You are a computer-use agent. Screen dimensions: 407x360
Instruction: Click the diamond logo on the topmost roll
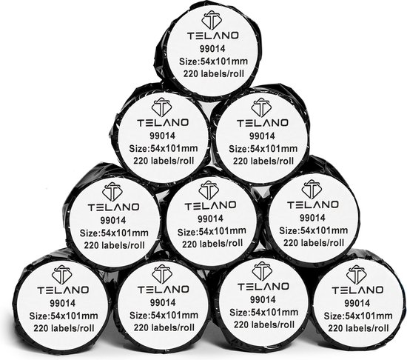[212, 20]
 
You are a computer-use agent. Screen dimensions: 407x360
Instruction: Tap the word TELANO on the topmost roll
[213, 36]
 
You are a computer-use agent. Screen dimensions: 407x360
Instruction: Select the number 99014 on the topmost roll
[212, 49]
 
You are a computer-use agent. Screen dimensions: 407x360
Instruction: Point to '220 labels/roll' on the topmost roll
[214, 74]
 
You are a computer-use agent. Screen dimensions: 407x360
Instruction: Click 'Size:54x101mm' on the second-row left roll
[164, 149]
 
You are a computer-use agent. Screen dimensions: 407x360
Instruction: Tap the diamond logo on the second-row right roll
[261, 107]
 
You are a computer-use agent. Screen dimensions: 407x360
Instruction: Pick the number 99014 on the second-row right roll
[262, 136]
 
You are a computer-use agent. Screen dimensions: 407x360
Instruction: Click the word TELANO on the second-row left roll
[163, 122]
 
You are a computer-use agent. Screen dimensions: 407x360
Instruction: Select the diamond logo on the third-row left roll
[112, 192]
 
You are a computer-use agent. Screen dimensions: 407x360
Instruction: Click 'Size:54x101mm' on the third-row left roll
[114, 233]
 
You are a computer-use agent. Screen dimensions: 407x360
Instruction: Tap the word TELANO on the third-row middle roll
[210, 205]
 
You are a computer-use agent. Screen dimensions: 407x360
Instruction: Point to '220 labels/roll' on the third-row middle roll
[212, 244]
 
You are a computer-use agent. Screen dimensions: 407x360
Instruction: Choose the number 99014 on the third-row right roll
[312, 218]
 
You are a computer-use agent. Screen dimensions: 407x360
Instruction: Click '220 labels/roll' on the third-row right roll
[314, 243]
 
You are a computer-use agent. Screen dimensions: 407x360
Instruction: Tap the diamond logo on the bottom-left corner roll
[61, 275]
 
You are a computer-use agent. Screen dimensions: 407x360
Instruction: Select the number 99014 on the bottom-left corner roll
[62, 303]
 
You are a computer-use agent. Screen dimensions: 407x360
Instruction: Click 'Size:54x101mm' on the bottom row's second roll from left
[164, 316]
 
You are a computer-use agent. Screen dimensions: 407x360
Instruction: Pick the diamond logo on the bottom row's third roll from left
[262, 271]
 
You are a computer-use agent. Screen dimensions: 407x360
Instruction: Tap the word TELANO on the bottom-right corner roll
[357, 290]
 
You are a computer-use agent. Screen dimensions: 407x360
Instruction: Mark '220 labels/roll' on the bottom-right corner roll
[358, 328]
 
